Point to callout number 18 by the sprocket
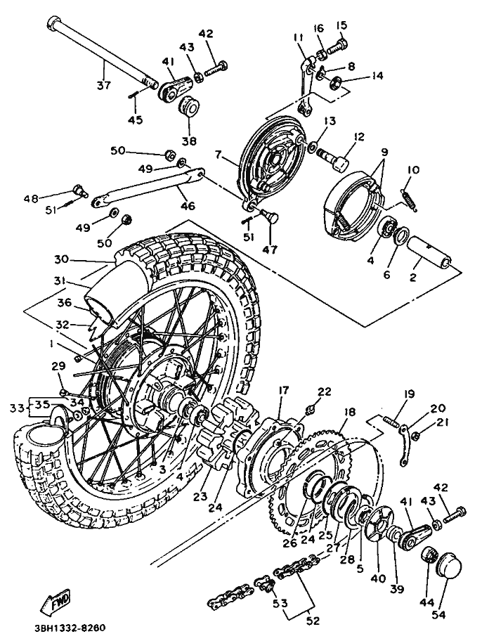[x=349, y=412]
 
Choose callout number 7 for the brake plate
[x=219, y=153]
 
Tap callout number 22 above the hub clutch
[x=324, y=392]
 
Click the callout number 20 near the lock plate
[x=437, y=408]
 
